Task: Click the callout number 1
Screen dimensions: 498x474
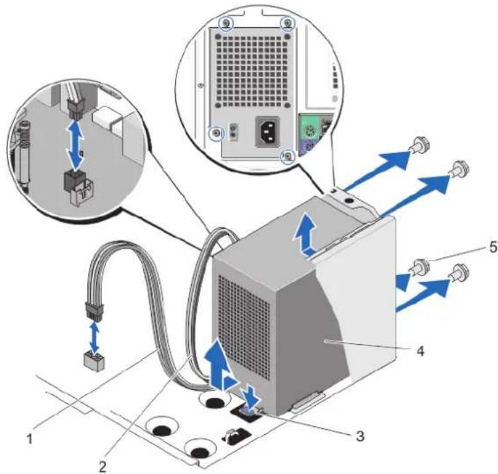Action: pos(30,440)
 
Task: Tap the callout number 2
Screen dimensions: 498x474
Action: pos(103,467)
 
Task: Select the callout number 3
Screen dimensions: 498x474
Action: pos(360,436)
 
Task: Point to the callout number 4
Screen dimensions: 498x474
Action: pos(420,351)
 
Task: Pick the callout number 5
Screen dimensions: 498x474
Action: pos(492,247)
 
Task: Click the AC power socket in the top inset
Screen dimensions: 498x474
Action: pos(267,131)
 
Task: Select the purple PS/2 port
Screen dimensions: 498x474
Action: pos(306,148)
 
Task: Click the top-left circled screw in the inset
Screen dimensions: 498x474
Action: pos(226,23)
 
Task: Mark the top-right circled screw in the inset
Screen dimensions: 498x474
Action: pos(288,23)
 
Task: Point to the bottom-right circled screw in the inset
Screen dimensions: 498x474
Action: pos(288,156)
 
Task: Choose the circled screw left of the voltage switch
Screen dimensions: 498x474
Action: pos(216,133)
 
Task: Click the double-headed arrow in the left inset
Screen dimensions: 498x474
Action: pos(76,145)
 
